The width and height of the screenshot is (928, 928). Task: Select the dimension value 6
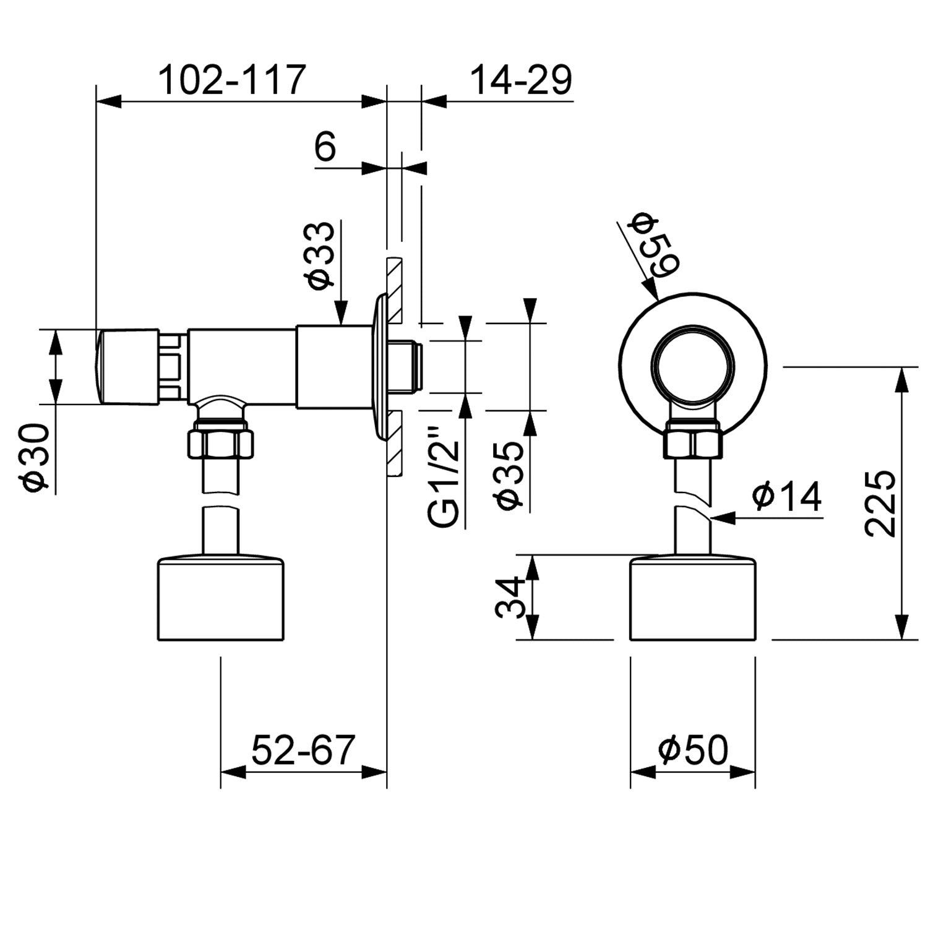(325, 147)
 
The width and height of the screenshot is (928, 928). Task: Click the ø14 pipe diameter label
(787, 496)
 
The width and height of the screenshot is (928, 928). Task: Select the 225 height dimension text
(879, 503)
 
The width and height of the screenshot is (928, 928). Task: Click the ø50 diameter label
(693, 750)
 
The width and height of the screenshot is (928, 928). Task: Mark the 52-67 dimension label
(303, 750)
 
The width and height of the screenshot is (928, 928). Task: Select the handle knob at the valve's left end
(127, 366)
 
